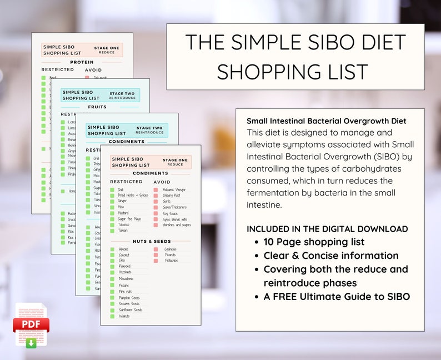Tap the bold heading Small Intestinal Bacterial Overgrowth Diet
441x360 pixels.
coord(327,121)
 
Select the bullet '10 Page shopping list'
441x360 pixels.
coord(314,242)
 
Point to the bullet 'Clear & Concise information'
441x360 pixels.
coord(330,256)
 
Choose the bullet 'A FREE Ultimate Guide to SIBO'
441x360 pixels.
coord(337,297)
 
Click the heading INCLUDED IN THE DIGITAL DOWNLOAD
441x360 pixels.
coord(327,229)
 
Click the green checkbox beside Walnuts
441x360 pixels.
coord(112,316)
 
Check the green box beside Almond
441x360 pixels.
coord(112,249)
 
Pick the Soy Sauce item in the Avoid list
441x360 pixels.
coord(171,213)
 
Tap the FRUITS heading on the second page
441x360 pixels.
coord(97,107)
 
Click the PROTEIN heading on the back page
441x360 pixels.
coord(82,62)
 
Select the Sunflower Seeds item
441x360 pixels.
coord(131,310)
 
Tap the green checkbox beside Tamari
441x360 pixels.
coord(112,230)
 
